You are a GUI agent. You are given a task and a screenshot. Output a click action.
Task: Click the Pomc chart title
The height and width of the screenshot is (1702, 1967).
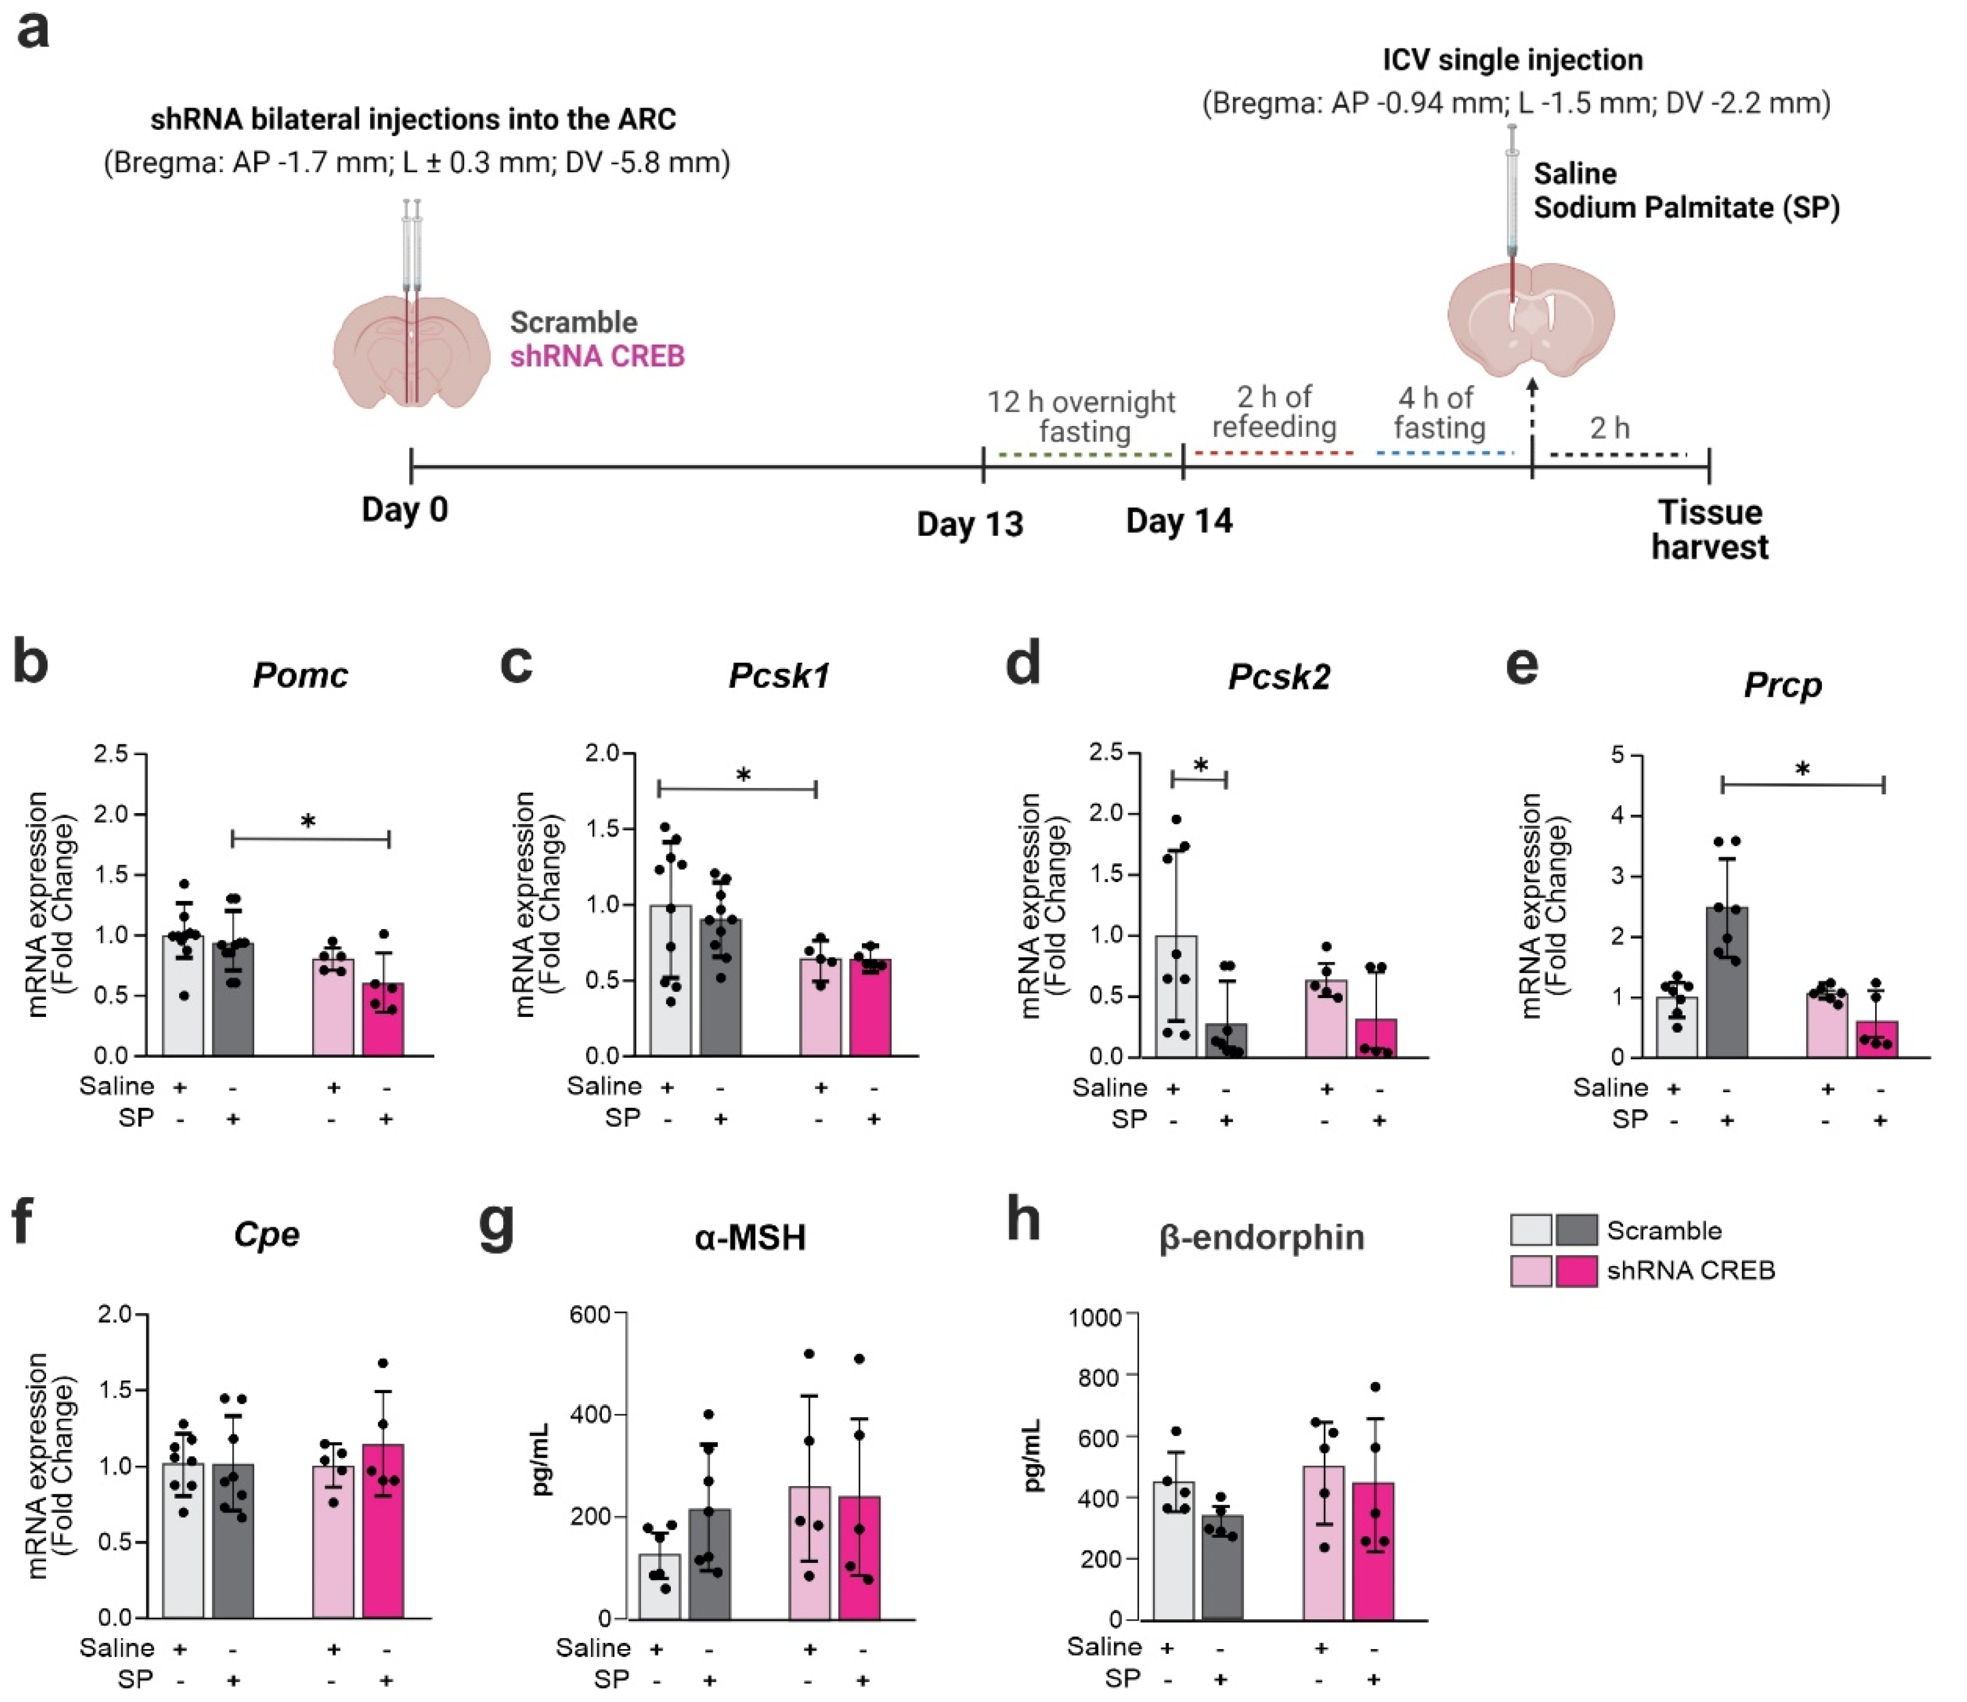[x=300, y=675]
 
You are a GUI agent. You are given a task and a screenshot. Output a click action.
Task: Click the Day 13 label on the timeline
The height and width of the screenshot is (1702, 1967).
[x=969, y=524]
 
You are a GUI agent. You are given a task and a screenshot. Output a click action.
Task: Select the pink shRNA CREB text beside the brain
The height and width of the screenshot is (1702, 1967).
[x=597, y=356]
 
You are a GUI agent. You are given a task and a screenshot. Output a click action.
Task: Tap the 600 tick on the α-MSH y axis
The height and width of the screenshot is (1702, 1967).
[x=589, y=1314]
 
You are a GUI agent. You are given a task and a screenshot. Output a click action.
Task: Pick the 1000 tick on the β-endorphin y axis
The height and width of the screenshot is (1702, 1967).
[x=1095, y=1317]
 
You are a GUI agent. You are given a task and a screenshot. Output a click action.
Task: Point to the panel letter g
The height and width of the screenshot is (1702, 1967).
[x=497, y=1225]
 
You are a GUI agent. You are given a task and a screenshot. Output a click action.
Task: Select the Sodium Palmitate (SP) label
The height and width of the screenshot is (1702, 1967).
[x=1686, y=207]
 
